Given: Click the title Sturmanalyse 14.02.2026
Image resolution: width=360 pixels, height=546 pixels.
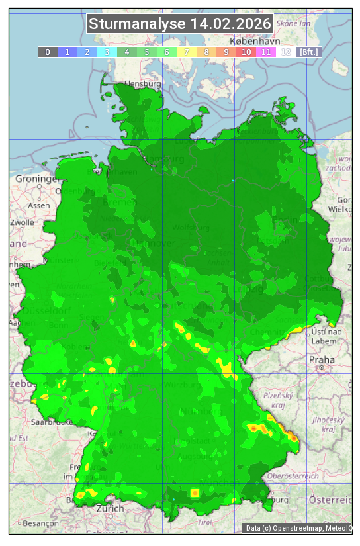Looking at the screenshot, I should pos(180,24).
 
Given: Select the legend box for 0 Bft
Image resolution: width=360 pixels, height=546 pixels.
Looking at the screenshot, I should pos(47,52).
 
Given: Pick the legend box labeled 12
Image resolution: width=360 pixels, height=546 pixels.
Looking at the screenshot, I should pos(285,52).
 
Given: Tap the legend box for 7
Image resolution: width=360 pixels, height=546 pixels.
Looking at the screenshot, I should pos(187,52).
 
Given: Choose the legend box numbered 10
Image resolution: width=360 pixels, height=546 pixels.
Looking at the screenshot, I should pos(246,52).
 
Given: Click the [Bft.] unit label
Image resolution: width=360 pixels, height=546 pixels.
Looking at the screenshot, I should pos(309,52).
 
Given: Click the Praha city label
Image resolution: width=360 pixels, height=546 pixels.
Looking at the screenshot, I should pos(321,359).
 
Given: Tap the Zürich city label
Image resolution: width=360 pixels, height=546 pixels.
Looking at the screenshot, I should pos(110,508).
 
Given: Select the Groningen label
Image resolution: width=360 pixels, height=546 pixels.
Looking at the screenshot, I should pos(35,179).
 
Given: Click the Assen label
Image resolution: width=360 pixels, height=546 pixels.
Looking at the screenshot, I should pos(39,205).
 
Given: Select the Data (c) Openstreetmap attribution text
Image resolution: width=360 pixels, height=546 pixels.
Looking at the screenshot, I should pos(298,528).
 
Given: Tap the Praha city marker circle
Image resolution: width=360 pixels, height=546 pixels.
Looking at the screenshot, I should pos(322,367).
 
